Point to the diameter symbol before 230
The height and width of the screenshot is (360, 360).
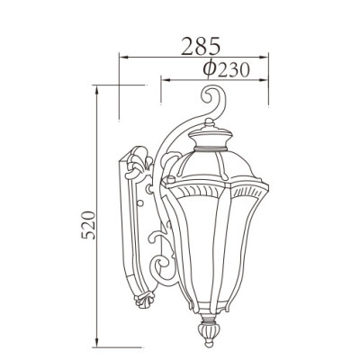coord(207,68)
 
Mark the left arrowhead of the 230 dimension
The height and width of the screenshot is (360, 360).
coord(163,79)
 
